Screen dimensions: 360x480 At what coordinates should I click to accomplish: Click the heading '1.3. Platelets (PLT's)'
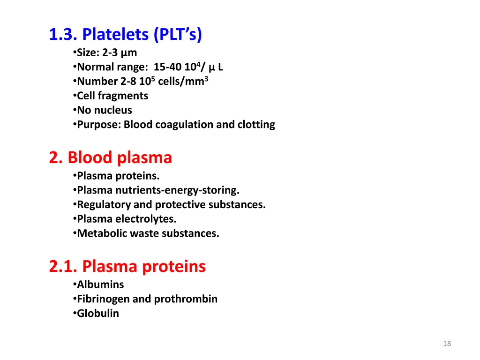pyautogui.click(x=126, y=35)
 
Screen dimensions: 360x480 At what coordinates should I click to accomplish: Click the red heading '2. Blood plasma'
pyautogui.click(x=111, y=158)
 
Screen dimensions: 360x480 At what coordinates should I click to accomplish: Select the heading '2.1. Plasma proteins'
pyautogui.click(x=127, y=267)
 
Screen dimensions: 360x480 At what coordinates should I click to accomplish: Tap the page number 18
pyautogui.click(x=447, y=344)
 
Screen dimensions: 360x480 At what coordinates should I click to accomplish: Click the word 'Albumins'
pyautogui.click(x=100, y=285)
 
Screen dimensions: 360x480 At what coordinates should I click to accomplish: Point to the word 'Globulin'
pyautogui.click(x=98, y=314)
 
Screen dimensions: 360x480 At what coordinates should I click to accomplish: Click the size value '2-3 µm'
pyautogui.click(x=120, y=52)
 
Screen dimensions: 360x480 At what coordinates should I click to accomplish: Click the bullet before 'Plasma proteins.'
pyautogui.click(x=75, y=176)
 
